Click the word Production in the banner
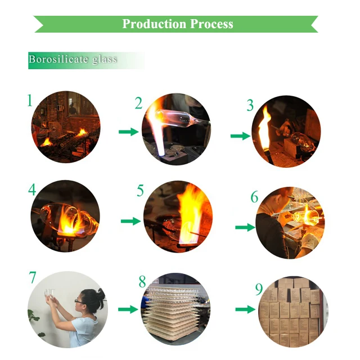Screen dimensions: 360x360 [154, 24]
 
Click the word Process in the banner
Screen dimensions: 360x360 [211, 24]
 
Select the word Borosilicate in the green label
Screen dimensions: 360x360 [58, 59]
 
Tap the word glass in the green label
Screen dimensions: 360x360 [105, 60]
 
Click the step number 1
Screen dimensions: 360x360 [30, 101]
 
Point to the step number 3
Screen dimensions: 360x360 [250, 105]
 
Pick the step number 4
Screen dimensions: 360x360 [33, 190]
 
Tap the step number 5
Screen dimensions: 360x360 [140, 190]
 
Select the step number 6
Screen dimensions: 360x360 [254, 197]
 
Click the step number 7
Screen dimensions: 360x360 [33, 277]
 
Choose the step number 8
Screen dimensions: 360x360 [142, 281]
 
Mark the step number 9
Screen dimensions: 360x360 [259, 289]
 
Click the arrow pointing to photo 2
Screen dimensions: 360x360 [129, 132]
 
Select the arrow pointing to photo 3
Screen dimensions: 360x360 [240, 136]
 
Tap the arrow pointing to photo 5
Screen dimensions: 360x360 [130, 221]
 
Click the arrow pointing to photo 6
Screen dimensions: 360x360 [245, 227]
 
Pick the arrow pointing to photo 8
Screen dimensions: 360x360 [128, 309]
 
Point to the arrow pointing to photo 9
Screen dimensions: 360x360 [245, 309]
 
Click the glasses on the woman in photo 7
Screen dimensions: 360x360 [79, 301]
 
